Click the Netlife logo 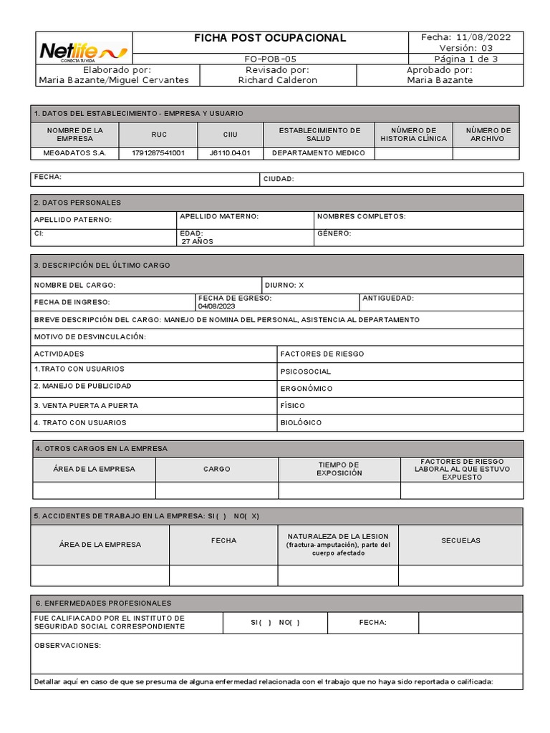[83, 51]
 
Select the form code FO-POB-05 [270, 59]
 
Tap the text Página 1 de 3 [466, 59]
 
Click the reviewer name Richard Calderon [277, 80]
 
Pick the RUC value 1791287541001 [158, 152]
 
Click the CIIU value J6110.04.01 [230, 152]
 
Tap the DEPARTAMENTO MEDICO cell [319, 152]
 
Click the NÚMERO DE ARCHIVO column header [488, 135]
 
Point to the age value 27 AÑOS [197, 241]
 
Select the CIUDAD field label [279, 179]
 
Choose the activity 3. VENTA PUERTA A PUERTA [86, 405]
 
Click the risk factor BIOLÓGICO [301, 422]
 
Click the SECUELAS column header [460, 540]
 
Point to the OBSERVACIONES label [68, 645]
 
